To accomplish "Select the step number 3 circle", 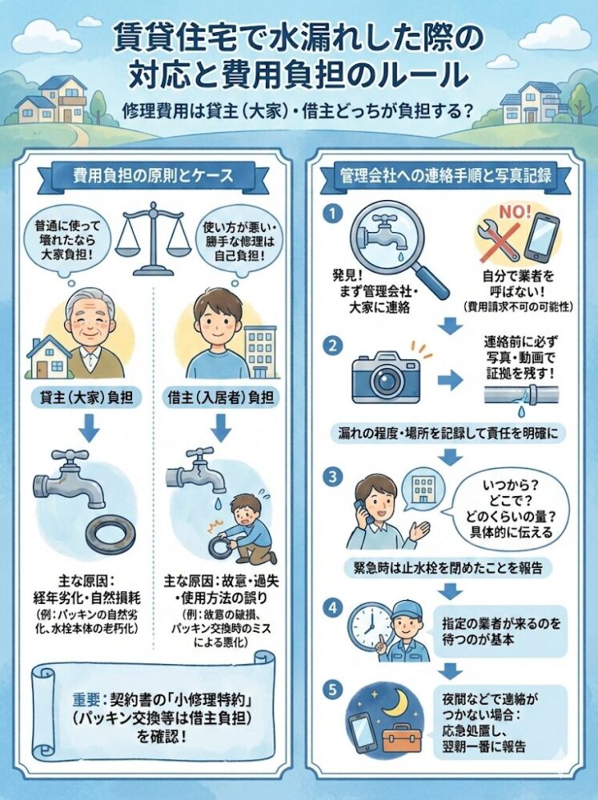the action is tap(333, 477).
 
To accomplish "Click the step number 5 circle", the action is tap(333, 691).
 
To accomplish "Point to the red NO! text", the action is tap(514, 212).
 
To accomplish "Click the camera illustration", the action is tap(386, 377).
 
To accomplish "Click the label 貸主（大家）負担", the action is tap(86, 398).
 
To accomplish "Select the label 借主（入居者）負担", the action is tap(220, 398).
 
